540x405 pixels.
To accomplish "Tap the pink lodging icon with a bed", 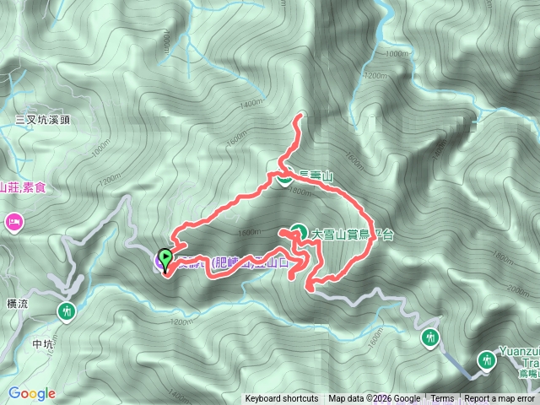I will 13,223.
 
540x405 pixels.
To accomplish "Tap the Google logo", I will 32,393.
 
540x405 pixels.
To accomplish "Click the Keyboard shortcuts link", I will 282,399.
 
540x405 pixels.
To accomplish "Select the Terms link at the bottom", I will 442,399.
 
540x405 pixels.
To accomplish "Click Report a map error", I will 501,399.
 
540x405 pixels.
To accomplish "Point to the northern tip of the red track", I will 300,116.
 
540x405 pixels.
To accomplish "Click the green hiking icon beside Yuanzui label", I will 487,360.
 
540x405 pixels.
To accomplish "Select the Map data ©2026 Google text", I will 375,399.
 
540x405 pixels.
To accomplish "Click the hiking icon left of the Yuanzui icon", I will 430,338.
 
